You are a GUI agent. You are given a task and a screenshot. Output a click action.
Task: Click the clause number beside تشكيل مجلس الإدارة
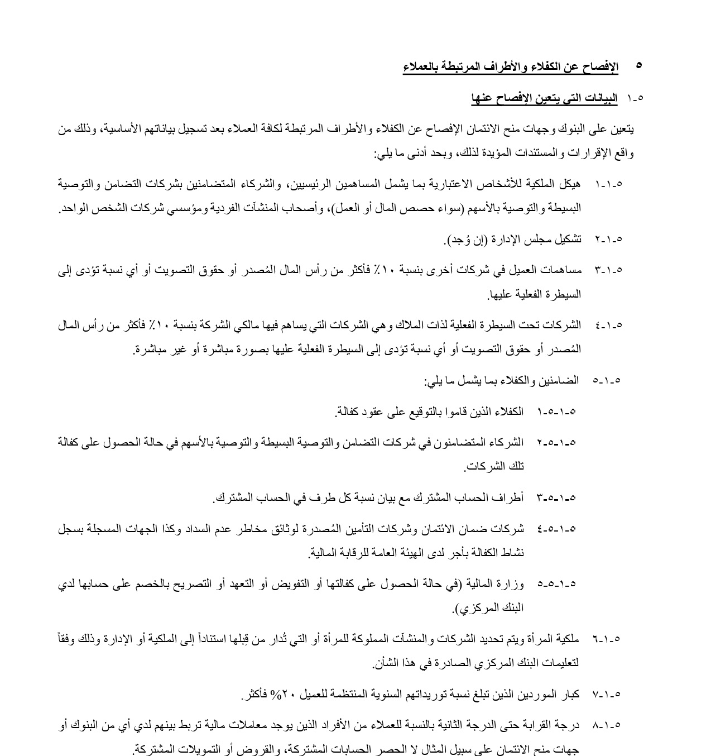click(x=608, y=240)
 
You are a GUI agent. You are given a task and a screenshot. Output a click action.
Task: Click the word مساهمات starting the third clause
click(x=561, y=270)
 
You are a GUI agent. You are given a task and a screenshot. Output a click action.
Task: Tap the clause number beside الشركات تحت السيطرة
click(x=608, y=325)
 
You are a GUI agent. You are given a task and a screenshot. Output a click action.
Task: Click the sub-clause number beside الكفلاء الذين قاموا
click(x=556, y=412)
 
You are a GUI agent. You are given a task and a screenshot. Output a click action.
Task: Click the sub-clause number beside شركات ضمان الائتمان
click(x=556, y=528)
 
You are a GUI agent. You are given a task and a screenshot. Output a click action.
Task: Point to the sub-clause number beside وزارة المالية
click(x=556, y=584)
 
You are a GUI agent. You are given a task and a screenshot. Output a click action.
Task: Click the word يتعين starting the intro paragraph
click(x=622, y=129)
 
